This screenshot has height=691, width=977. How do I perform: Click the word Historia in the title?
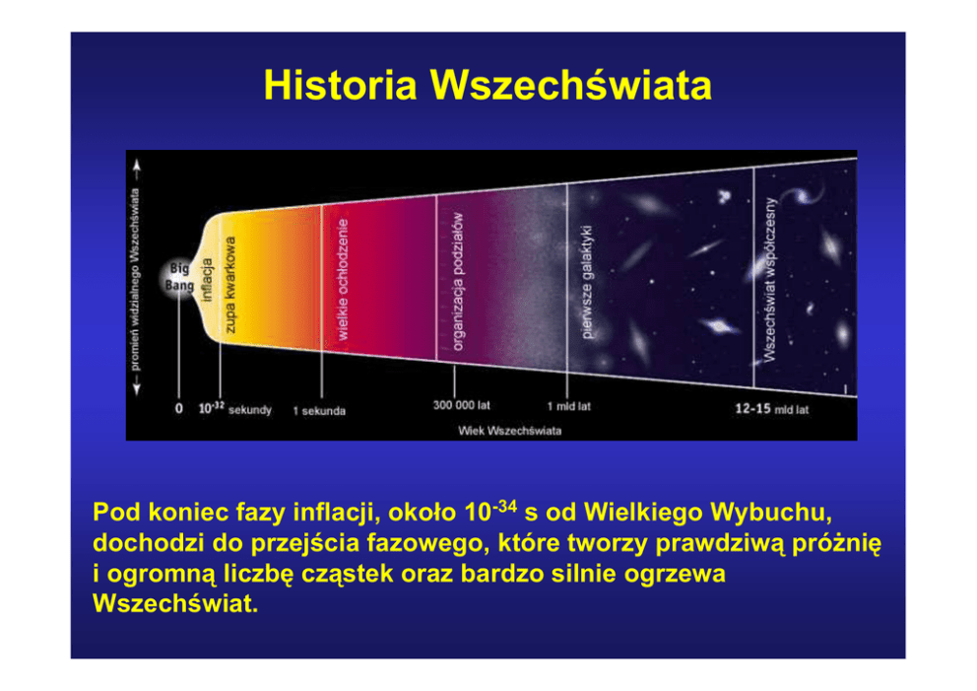click(x=340, y=85)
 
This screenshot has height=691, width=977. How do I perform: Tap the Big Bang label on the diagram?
click(x=179, y=277)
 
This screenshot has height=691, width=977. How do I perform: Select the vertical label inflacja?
click(x=208, y=280)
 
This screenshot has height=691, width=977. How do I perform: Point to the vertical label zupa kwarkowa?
click(x=229, y=284)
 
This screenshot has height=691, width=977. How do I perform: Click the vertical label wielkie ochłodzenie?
click(x=342, y=279)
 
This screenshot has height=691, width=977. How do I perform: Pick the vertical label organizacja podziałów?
click(x=458, y=281)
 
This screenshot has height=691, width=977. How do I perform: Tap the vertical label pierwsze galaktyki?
click(x=587, y=282)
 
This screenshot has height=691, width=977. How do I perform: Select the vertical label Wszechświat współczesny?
click(x=771, y=279)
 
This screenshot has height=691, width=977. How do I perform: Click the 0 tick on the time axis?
click(x=179, y=408)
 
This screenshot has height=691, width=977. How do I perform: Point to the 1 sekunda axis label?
click(x=319, y=411)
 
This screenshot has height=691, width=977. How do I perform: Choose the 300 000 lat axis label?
click(x=462, y=405)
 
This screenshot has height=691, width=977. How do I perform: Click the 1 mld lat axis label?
click(x=569, y=407)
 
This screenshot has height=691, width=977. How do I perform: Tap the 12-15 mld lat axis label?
click(x=772, y=409)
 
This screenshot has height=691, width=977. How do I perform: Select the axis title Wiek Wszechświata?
click(x=510, y=431)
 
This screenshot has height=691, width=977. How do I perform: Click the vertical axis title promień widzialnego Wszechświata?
click(x=136, y=279)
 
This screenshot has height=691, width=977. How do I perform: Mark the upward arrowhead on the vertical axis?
click(x=137, y=165)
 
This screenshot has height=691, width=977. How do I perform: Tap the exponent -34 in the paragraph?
click(x=505, y=506)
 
